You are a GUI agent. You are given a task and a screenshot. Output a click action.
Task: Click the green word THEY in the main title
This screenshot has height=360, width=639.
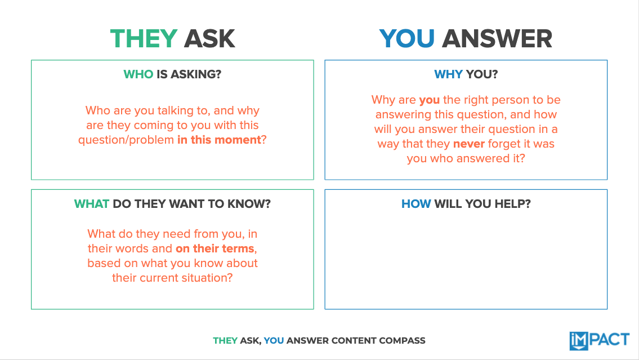tap(144, 39)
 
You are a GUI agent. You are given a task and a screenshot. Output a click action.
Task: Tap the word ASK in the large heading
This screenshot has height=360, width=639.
tap(209, 39)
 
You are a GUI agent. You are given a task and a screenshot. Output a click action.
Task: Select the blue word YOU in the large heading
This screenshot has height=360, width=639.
tap(407, 39)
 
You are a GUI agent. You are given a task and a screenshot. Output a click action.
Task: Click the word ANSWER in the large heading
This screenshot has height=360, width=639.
tap(497, 39)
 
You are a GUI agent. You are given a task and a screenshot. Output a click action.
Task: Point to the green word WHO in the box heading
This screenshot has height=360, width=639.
tap(138, 74)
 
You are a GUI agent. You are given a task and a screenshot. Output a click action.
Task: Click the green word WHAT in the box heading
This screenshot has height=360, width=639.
tap(91, 204)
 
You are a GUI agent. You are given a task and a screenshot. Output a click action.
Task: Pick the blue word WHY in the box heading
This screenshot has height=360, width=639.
tap(448, 74)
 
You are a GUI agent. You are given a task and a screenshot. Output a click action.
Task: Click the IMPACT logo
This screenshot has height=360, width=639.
tap(599, 340)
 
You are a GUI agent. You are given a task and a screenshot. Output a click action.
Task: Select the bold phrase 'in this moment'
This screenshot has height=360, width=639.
tap(219, 140)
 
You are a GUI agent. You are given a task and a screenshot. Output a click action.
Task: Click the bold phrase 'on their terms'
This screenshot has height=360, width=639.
tap(216, 248)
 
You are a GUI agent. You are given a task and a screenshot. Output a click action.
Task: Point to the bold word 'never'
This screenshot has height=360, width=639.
tap(468, 144)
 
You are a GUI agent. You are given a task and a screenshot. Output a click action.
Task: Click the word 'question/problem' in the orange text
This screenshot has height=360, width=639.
tap(126, 140)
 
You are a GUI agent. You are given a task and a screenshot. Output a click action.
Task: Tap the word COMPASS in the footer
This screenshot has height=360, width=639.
tap(404, 340)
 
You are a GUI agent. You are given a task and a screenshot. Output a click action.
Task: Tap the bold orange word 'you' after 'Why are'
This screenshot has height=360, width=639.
tap(430, 100)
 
